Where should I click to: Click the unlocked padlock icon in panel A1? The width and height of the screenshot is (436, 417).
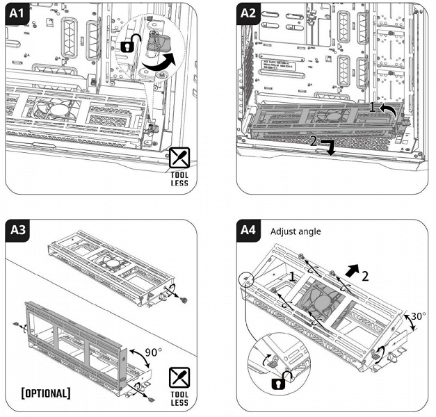click(x=127, y=46)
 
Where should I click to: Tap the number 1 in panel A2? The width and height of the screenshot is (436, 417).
click(x=372, y=108)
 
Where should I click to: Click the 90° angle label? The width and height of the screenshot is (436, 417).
click(x=152, y=352)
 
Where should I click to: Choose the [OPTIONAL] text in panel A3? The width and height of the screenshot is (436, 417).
click(x=45, y=393)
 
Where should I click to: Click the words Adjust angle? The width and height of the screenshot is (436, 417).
click(x=296, y=231)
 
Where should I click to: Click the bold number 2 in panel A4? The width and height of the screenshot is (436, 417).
click(x=365, y=275)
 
